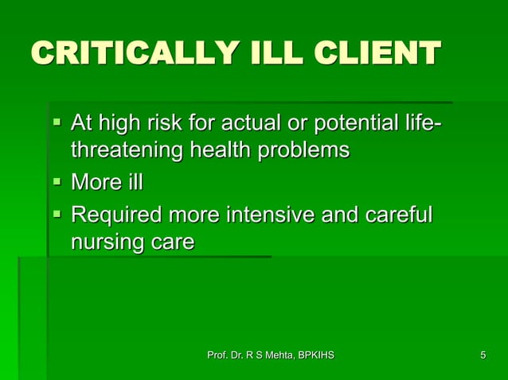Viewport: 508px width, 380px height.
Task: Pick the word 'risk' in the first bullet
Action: [x=169, y=125]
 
